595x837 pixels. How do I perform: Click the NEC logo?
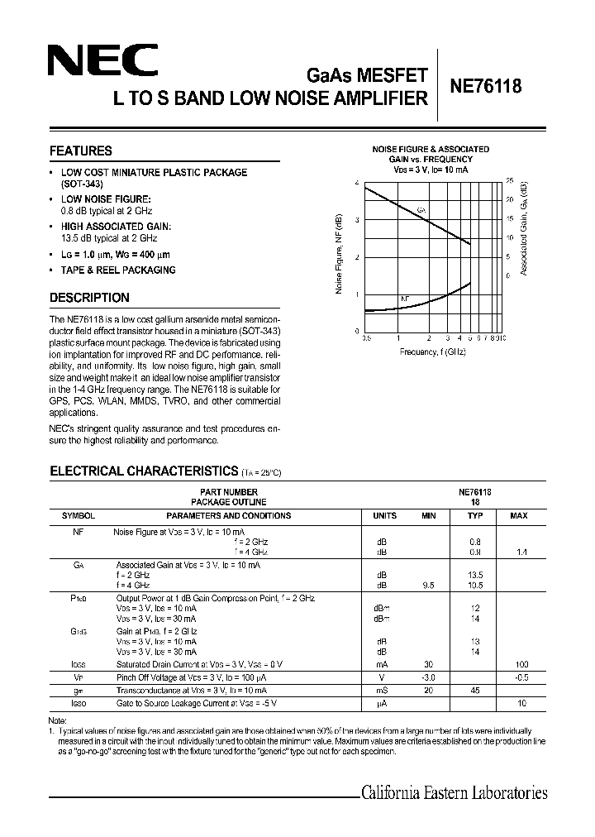point(101,61)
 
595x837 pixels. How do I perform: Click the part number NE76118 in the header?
point(485,88)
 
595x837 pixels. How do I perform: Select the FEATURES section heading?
point(80,151)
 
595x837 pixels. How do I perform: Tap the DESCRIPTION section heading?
point(89,298)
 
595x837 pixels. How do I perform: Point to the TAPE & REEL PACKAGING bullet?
point(118,270)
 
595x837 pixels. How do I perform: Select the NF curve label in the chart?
point(405,299)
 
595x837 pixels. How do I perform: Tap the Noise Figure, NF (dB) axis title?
point(339,254)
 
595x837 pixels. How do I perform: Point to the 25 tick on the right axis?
point(510,180)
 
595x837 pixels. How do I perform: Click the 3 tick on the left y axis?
point(357,220)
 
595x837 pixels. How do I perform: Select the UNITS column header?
point(384,515)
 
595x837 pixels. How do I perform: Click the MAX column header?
point(518,515)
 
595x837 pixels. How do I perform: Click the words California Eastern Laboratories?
point(454,793)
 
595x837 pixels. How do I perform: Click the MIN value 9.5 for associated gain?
point(428,585)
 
